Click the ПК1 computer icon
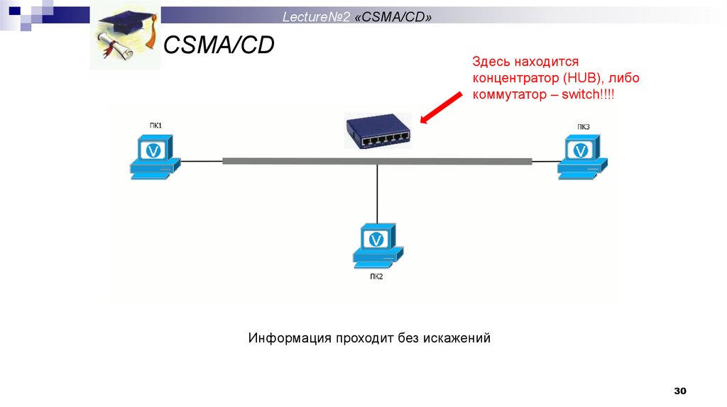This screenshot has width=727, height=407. click(155, 157)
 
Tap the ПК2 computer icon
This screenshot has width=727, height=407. click(378, 246)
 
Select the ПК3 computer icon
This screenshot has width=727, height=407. click(582, 157)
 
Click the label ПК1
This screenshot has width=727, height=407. click(155, 126)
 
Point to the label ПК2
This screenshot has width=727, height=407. click(376, 277)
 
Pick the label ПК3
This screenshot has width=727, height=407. click(584, 127)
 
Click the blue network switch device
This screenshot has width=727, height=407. click(378, 131)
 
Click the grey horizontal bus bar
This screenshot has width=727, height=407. click(378, 161)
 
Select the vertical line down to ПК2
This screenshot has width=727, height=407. click(377, 194)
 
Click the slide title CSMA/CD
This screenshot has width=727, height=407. click(219, 45)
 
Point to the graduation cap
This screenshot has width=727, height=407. click(128, 24)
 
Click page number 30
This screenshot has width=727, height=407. click(680, 391)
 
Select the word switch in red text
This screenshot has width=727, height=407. click(581, 94)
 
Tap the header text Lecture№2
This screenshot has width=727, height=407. click(316, 17)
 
